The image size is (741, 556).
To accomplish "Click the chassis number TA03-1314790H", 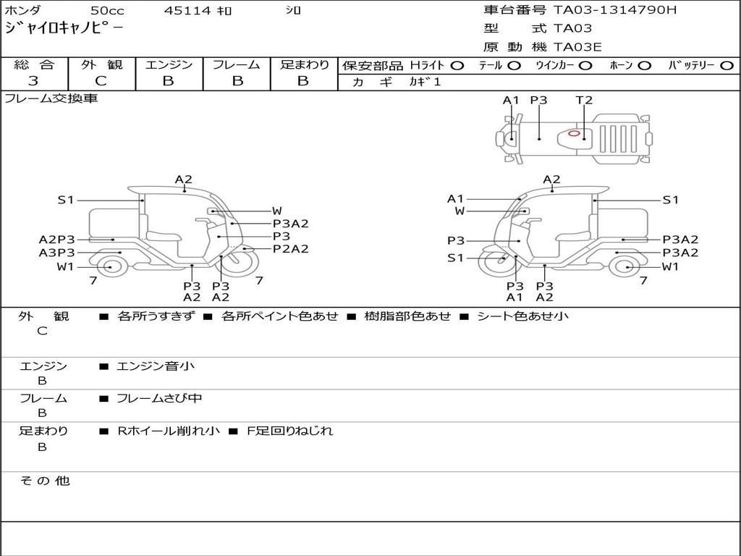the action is click(615, 10).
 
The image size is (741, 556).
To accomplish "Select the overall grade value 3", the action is click(33, 81).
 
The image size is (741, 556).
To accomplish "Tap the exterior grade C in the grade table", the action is click(101, 81).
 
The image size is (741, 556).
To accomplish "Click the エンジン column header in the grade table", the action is click(169, 64).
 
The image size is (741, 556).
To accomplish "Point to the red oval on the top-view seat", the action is click(574, 133).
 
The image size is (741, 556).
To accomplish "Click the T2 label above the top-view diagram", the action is click(584, 100).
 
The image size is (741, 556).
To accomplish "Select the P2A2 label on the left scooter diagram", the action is click(291, 249).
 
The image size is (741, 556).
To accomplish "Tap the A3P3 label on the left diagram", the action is click(56, 253).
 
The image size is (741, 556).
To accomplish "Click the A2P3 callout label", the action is click(56, 240).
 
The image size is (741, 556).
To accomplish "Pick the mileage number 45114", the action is click(187, 10).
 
